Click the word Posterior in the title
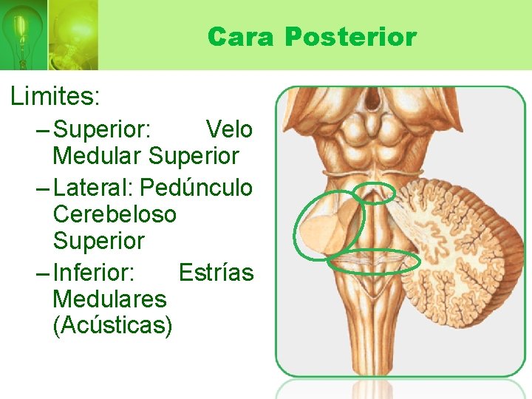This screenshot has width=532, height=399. [x=351, y=36]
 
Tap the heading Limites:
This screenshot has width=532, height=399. [x=55, y=96]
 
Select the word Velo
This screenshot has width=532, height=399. [x=228, y=130]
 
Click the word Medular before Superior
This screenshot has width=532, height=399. [x=98, y=157]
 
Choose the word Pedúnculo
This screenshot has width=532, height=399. [x=197, y=188]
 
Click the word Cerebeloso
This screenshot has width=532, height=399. [x=115, y=214]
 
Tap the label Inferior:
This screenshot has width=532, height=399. [x=94, y=273]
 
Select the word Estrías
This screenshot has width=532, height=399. [x=216, y=273]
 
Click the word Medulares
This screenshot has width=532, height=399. [x=109, y=299]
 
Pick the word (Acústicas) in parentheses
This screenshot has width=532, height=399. [x=112, y=326]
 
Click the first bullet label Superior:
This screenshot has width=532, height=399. [x=103, y=130]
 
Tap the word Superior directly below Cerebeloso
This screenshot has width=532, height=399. [x=98, y=241]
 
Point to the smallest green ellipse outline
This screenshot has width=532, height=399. [x=373, y=193]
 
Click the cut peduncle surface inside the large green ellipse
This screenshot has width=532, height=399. [x=325, y=229]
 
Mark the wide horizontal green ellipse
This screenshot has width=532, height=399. [x=374, y=260]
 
